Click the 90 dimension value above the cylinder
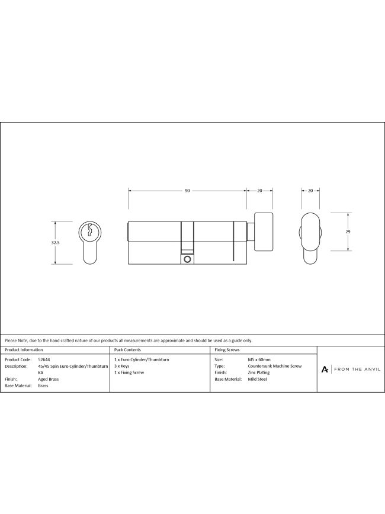tap(187, 191)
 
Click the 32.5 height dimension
tap(55, 242)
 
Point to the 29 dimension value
tap(348, 232)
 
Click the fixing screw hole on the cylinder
tap(187, 259)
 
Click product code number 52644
tap(44, 359)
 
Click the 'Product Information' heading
tap(23, 351)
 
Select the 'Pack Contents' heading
tap(127, 351)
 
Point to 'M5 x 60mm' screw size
tap(259, 359)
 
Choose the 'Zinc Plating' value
tap(258, 372)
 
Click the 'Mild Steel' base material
tap(257, 379)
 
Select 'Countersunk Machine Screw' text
tap(274, 366)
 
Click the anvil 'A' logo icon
tap(325, 369)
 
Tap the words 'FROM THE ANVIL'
tap(357, 369)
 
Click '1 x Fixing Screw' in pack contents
tap(129, 372)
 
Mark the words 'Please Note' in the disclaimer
tap(16, 340)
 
